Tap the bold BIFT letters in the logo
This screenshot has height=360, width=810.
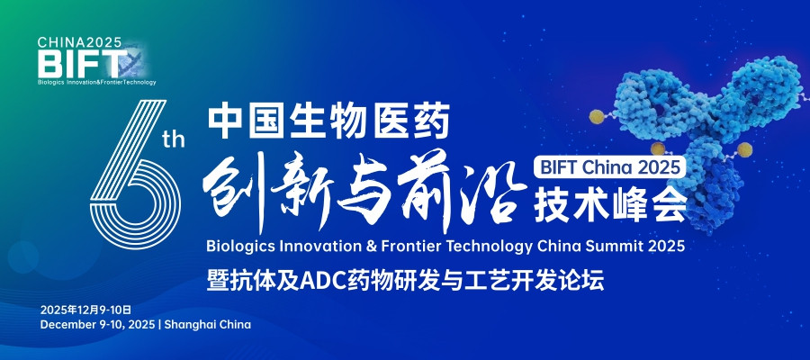tap(76, 64)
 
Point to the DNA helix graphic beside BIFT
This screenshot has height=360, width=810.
tap(133, 64)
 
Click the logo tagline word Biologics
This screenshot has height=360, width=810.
tap(53, 82)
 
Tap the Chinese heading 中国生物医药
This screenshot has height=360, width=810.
tap(328, 122)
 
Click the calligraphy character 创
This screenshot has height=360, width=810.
tap(236, 188)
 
